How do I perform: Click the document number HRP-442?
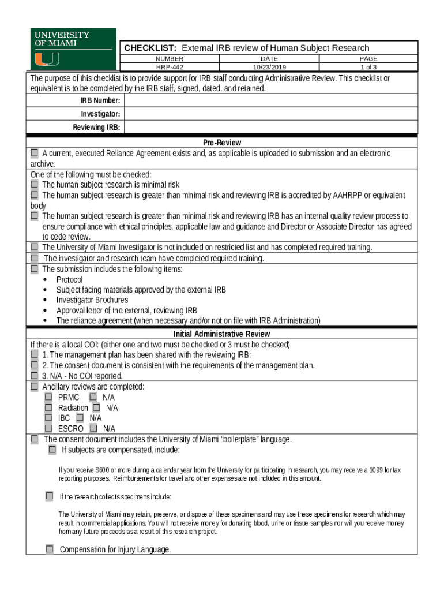tap(169, 67)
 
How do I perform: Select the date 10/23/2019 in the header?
tap(269, 67)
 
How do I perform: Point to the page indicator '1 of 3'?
tap(368, 67)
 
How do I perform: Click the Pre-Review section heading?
tap(221, 143)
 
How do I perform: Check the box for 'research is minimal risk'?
tap(35, 185)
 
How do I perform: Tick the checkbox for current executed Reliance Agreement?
tap(35, 154)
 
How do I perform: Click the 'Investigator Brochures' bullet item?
tap(92, 300)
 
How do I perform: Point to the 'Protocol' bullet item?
tap(69, 279)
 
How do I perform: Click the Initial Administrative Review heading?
tap(221, 334)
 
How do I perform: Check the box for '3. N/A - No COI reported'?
tap(35, 376)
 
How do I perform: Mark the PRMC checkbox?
tap(48, 397)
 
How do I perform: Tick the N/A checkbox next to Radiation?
tap(96, 407)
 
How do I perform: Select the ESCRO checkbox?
tap(48, 428)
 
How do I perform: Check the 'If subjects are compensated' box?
tap(52, 450)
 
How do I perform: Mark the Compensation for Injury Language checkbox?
tap(50, 549)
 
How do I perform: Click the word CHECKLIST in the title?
tap(150, 48)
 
